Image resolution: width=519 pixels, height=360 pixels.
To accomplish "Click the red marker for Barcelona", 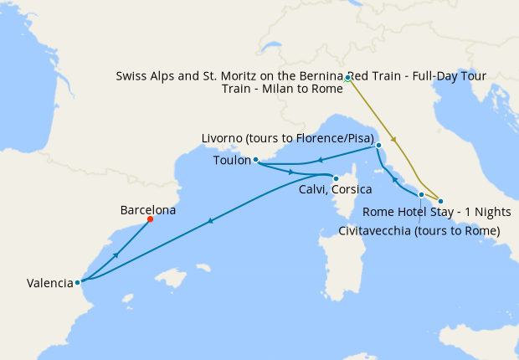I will (150, 219).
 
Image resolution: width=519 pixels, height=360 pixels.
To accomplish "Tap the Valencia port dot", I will (78, 282).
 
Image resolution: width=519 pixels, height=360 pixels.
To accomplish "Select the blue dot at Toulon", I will (255, 160).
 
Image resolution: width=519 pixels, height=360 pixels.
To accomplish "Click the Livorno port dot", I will (378, 146).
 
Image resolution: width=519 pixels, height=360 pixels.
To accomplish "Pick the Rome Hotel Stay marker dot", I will (440, 201).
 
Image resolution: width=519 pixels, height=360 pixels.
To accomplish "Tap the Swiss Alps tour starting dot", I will (347, 78).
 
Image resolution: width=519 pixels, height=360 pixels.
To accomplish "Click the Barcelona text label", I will (148, 210).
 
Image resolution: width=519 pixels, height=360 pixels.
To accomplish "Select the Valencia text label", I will (49, 283).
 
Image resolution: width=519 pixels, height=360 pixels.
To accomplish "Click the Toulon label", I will (232, 159).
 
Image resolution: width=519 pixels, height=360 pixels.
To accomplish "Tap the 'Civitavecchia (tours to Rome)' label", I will (419, 230).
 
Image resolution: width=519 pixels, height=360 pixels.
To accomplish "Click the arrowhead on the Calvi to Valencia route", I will (210, 220).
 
